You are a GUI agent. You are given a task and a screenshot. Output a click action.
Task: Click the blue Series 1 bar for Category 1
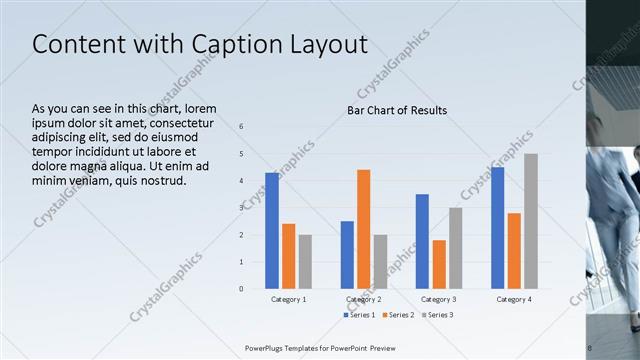272,231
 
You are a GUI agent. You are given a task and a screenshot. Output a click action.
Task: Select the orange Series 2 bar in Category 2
363,229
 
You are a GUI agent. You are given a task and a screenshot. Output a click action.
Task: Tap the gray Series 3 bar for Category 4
531,221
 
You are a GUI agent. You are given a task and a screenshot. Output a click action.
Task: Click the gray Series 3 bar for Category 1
305,262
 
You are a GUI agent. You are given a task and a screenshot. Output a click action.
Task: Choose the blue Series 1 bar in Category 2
347,255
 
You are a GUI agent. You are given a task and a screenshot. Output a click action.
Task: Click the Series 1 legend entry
361,315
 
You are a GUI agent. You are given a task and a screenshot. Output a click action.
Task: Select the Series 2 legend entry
398,315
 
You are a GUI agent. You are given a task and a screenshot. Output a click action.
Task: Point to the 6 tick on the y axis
241,126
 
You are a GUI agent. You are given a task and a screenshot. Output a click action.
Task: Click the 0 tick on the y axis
241,289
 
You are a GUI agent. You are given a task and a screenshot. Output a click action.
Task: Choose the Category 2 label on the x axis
363,299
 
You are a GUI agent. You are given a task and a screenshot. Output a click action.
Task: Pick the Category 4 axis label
514,299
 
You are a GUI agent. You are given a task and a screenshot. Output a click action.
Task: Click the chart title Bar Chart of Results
397,110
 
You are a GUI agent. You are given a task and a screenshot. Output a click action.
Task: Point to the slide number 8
589,348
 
